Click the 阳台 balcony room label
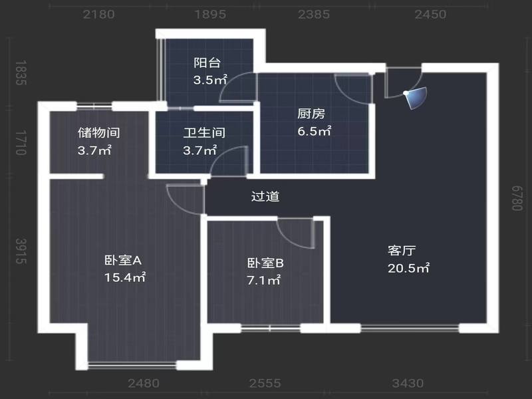click(x=207, y=63)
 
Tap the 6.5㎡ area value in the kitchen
click(x=314, y=131)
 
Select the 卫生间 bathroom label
click(x=204, y=132)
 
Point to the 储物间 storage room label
click(x=98, y=132)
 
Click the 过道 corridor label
click(x=265, y=196)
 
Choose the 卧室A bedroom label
click(x=123, y=260)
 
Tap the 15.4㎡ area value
click(x=125, y=277)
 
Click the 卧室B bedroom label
click(x=265, y=263)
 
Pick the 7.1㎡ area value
click(x=263, y=281)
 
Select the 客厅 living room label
click(x=402, y=251)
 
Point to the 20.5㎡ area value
click(x=408, y=269)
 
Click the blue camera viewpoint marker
click(x=416, y=97)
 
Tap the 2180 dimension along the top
click(x=98, y=14)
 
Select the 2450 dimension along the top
click(x=430, y=14)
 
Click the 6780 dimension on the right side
click(x=517, y=198)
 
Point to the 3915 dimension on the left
click(x=21, y=251)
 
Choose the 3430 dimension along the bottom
click(x=408, y=384)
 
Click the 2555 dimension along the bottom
click(x=265, y=384)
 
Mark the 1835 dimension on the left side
click(x=21, y=73)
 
